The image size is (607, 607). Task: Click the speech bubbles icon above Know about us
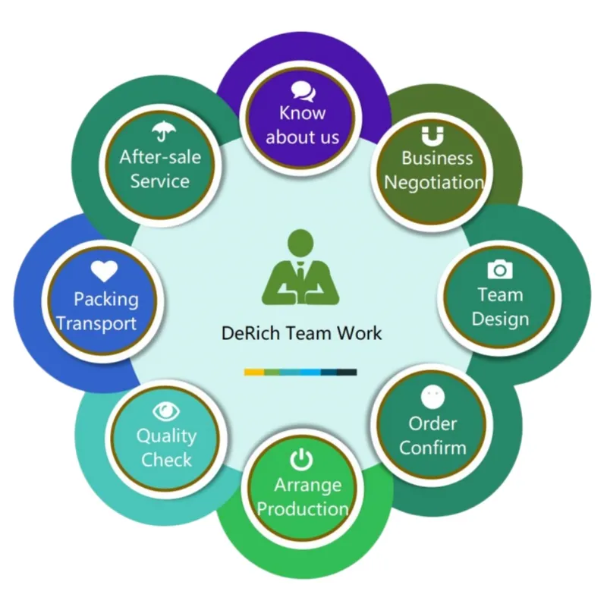303,92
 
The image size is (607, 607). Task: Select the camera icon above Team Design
500,269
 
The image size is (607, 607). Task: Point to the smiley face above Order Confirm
432,397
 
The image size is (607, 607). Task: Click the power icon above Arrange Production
301,460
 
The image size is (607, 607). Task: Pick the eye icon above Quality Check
166,411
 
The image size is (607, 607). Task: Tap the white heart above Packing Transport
104,271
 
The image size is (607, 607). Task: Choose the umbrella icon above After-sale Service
163,131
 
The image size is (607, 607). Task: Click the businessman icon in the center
300,267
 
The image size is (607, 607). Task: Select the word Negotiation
434,183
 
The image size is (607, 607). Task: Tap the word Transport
97,324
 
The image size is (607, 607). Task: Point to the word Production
303,508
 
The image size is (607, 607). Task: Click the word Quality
166,437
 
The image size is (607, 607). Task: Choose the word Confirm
432,448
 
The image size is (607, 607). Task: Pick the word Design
500,319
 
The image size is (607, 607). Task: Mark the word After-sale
160,157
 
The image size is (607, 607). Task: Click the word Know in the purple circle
302,113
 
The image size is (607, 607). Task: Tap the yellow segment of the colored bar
254,372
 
